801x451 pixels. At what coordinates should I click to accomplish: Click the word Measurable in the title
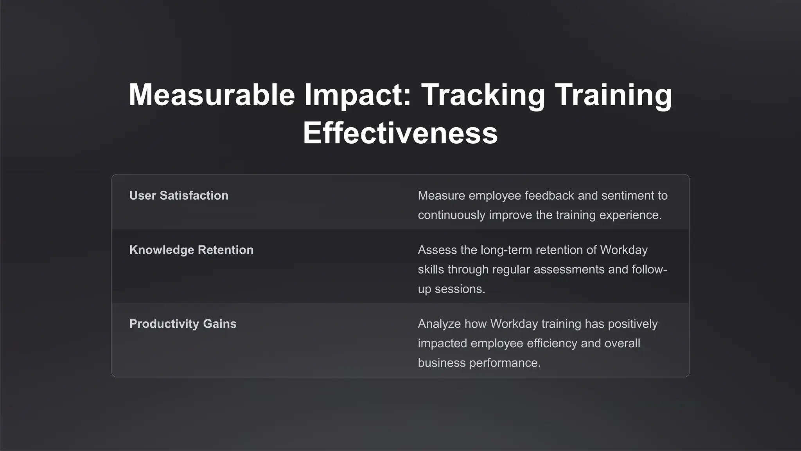click(212, 95)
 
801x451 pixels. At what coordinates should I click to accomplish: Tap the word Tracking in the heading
click(483, 95)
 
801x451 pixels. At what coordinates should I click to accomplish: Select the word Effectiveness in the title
click(400, 133)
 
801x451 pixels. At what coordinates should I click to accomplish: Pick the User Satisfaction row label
click(179, 195)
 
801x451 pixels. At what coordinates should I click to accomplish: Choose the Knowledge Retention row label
click(191, 250)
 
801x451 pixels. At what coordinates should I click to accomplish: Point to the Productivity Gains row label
click(183, 324)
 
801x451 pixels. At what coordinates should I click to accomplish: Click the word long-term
click(506, 250)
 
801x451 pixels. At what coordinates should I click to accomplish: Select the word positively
click(632, 324)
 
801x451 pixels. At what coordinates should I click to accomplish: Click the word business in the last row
click(442, 363)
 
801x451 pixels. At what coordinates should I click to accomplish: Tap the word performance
click(505, 363)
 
